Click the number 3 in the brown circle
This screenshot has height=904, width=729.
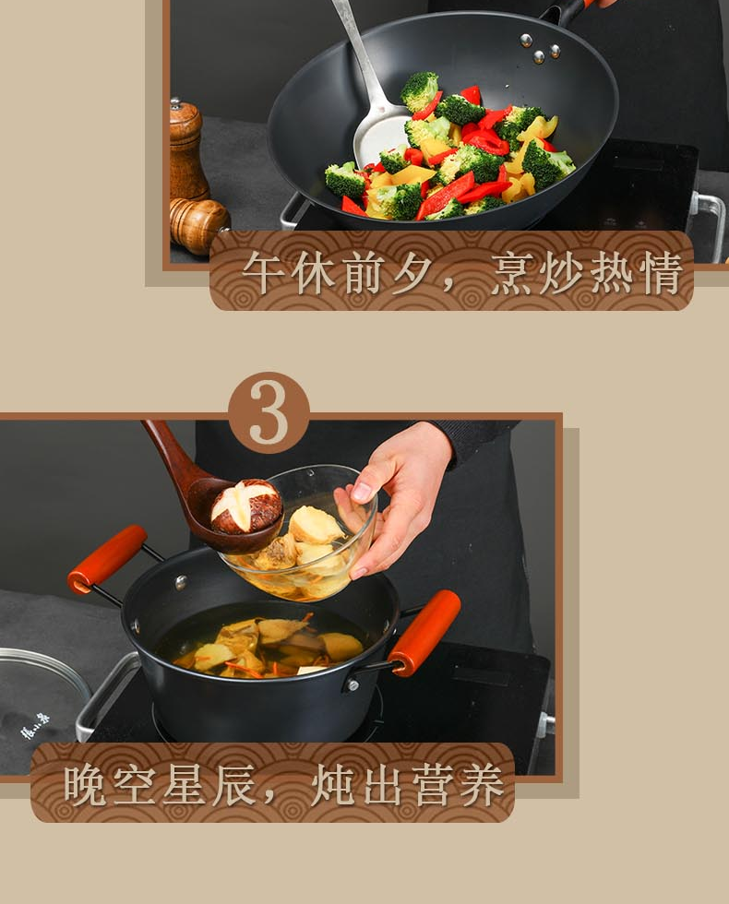tap(269, 412)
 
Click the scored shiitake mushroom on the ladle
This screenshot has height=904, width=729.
tap(246, 506)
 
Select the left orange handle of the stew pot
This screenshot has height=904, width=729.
tap(107, 559)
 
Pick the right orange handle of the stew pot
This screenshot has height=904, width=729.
tap(425, 632)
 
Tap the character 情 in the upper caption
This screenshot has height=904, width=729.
tap(663, 272)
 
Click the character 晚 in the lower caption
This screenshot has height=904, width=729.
tap(85, 785)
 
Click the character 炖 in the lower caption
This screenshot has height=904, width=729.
tap(333, 785)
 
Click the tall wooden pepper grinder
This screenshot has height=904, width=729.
tap(186, 149)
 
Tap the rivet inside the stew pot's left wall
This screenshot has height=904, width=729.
tap(181, 582)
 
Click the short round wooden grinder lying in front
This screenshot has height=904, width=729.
tap(199, 225)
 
